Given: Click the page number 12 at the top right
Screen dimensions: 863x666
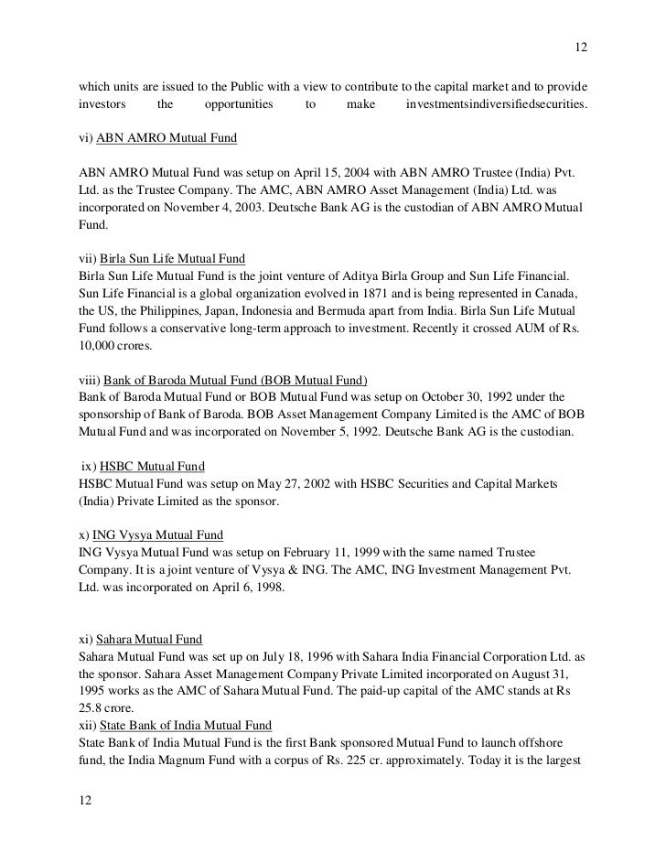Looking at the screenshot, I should tap(580, 48).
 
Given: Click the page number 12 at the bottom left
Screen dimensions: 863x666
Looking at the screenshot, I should tap(86, 798).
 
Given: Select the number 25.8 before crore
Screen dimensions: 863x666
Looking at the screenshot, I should tap(93, 707).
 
